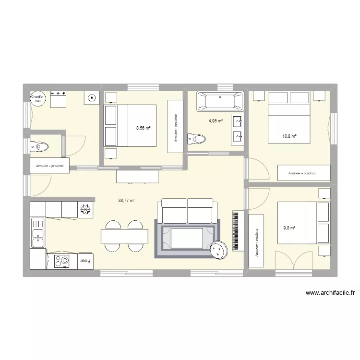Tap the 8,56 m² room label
tap(143, 128)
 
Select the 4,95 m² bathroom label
tap(216, 121)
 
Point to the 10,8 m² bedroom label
tap(289, 136)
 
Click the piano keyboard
tap(236, 230)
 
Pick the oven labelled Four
tap(85, 261)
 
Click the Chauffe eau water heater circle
tap(37, 98)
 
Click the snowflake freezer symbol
tap(85, 209)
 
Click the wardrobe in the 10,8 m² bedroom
tap(304, 172)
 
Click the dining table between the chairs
tap(124, 236)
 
